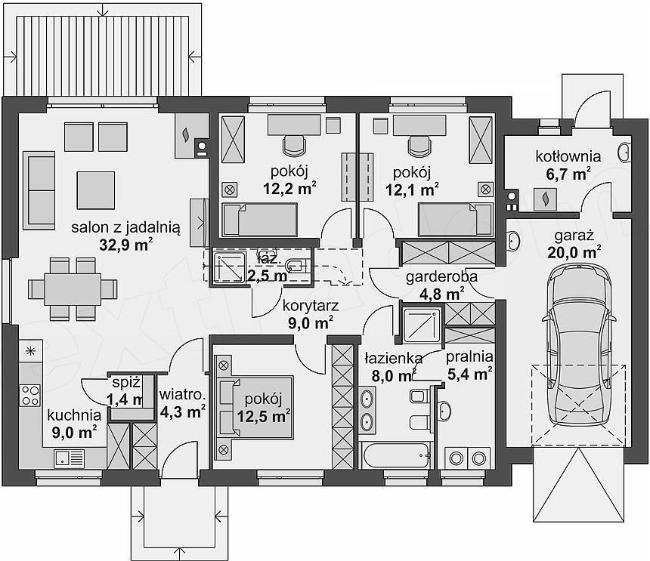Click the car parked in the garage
579,344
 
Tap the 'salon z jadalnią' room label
125,227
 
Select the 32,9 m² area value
126,245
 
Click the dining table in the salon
73,289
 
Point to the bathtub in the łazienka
395,456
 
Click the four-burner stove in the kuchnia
31,395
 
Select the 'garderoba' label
441,276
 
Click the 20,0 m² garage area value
574,252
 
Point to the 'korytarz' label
311,306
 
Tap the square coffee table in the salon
96,190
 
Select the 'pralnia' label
469,357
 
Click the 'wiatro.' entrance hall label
182,395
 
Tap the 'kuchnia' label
74,415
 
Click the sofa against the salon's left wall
39,190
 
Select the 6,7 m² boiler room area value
568,174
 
